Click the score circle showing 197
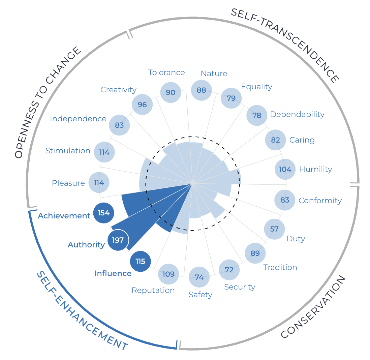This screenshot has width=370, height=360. click(118, 240)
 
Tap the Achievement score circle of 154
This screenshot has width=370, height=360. click(103, 213)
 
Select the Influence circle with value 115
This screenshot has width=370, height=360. click(140, 261)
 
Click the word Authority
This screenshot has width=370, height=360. click(86, 245)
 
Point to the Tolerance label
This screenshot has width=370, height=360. click(166, 72)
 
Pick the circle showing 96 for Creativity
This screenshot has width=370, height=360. click(142, 104)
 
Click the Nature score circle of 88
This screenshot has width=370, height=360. click(201, 90)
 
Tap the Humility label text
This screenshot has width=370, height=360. click(315, 169)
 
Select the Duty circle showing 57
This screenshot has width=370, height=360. click(274, 229)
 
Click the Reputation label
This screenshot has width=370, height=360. click(153, 290)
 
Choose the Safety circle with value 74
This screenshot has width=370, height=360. click(199, 277)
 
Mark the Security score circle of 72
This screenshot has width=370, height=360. click(229, 270)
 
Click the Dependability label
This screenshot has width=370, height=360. click(297, 114)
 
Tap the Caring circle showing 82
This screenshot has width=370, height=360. click(275, 140)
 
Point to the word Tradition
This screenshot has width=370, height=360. click(280, 267)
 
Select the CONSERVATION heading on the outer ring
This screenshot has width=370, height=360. click(313, 306)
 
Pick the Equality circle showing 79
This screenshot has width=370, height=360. click(231, 98)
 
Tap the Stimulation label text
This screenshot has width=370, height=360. click(68, 151)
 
